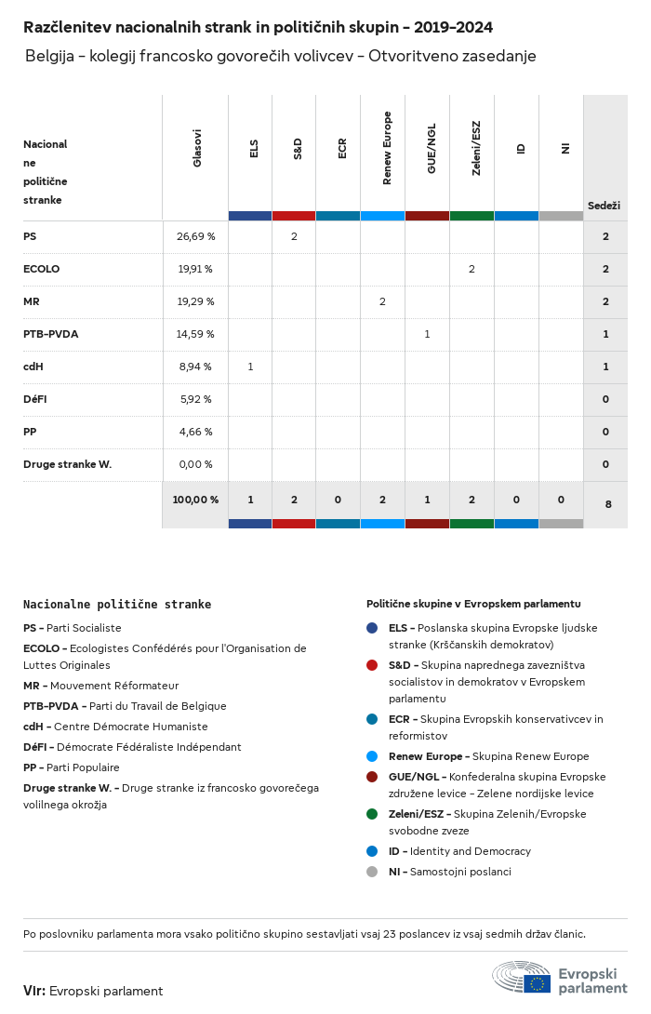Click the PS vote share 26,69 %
pyautogui.click(x=196, y=236)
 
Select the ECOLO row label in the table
pyautogui.click(x=41, y=269)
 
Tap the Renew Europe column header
pyautogui.click(x=387, y=148)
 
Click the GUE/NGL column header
pyautogui.click(x=432, y=148)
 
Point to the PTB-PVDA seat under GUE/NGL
pyautogui.click(x=427, y=334)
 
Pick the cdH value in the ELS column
pyautogui.click(x=250, y=367)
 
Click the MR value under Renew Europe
pyautogui.click(x=383, y=301)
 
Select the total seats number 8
pyautogui.click(x=608, y=504)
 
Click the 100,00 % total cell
pyautogui.click(x=195, y=500)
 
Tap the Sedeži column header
pyautogui.click(x=604, y=206)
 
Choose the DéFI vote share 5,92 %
pyautogui.click(x=196, y=400)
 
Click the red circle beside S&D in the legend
pyautogui.click(x=372, y=665)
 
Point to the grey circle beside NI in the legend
pyautogui.click(x=372, y=872)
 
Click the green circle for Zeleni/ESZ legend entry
pyautogui.click(x=372, y=814)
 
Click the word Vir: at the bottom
pyautogui.click(x=34, y=991)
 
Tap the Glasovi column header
pyautogui.click(x=197, y=148)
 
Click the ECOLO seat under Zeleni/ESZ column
pyautogui.click(x=472, y=269)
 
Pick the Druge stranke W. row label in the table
pyautogui.click(x=67, y=464)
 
